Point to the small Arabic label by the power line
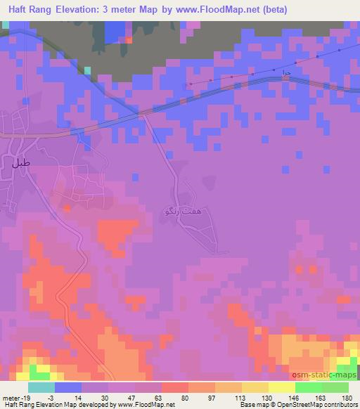[x=285, y=72]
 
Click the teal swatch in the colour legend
[x=41, y=388]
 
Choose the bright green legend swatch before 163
[x=307, y=388]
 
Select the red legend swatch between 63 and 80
[x=174, y=388]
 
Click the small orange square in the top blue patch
[x=129, y=39]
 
